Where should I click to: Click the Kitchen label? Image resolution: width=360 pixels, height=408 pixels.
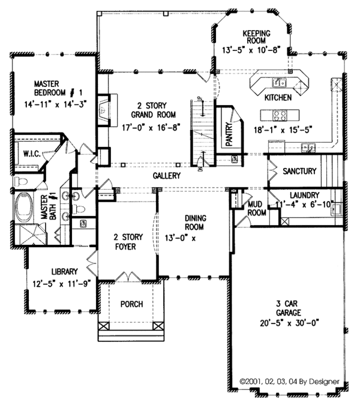277,97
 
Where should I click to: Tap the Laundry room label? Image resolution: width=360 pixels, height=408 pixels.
302,196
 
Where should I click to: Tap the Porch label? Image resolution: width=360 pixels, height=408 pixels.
131,304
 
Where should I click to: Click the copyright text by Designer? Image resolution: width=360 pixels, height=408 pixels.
289,381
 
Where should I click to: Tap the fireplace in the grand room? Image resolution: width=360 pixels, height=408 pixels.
104,108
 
